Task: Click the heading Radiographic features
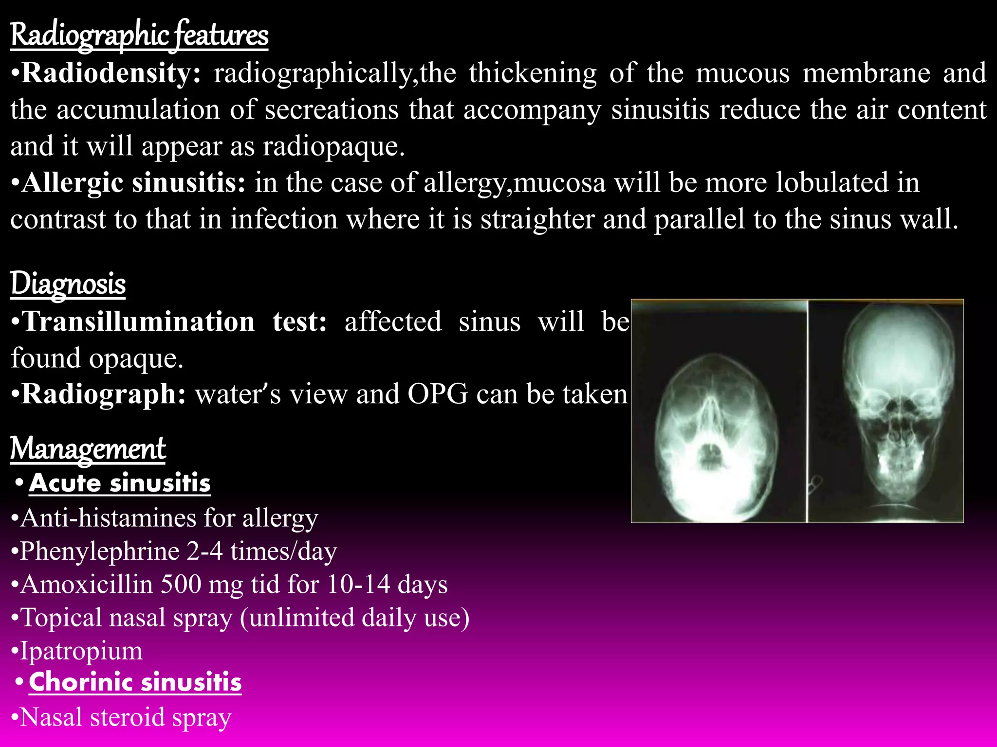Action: coord(139,35)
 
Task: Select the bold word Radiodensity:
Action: coord(111,73)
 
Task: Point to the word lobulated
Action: coord(831,183)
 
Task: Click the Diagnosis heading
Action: coord(68,284)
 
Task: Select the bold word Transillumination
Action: coord(139,321)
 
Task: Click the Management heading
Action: coord(88,448)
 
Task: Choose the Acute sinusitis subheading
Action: coord(120,483)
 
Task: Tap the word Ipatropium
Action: coord(81,651)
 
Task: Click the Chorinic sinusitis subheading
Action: coord(135,682)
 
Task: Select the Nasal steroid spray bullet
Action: coord(126,717)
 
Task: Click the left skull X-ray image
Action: coord(719,428)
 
